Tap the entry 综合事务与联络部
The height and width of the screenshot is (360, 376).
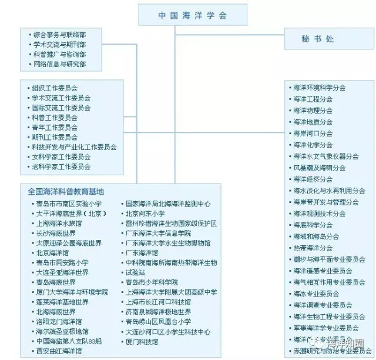59,35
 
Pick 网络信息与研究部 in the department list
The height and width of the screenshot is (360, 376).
59,64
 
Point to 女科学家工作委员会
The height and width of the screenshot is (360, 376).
61,157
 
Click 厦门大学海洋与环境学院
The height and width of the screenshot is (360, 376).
72,292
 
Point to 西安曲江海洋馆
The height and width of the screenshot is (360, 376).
59,351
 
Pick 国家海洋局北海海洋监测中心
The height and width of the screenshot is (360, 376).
168,204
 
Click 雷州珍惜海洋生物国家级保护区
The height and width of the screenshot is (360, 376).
171,224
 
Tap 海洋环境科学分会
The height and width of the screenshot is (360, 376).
320,88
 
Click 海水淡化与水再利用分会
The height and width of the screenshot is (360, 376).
329,191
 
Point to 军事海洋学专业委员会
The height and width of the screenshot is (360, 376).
326,328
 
